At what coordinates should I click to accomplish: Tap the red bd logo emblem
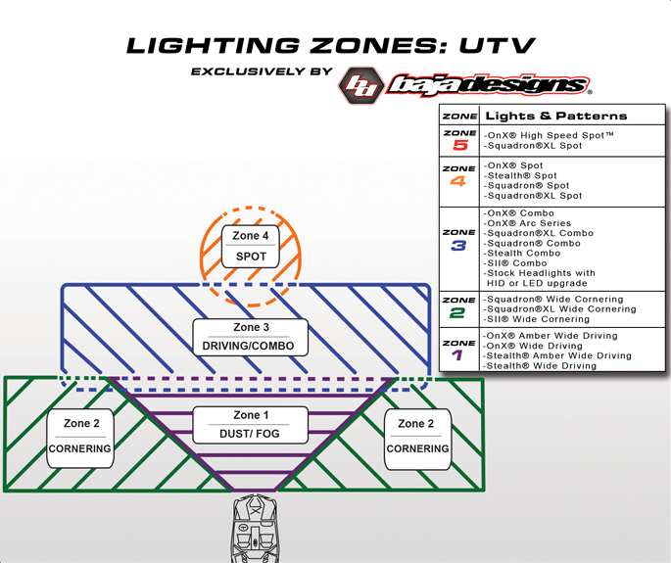[361, 85]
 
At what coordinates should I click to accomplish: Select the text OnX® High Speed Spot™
[550, 134]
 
